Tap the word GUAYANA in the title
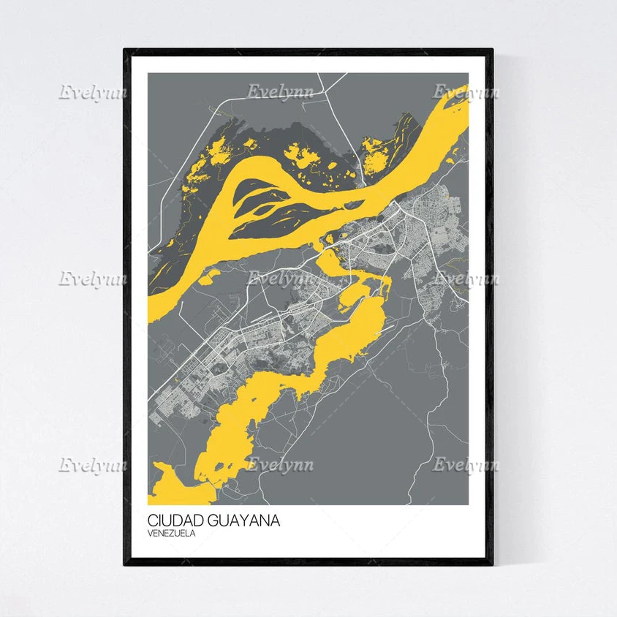244,521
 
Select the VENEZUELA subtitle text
171,533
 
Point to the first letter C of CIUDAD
152,521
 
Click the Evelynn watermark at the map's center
280,279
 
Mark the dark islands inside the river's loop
270,208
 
